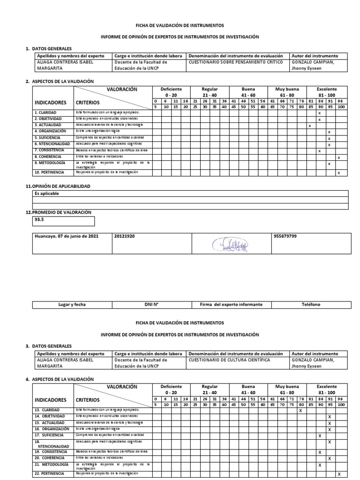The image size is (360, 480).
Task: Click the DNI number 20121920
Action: click(x=124, y=236)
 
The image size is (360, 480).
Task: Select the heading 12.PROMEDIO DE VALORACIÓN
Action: click(x=58, y=212)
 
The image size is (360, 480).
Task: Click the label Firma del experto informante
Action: click(x=231, y=305)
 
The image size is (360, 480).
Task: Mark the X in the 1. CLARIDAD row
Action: click(x=319, y=113)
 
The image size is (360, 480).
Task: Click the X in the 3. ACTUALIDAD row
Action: click(x=309, y=126)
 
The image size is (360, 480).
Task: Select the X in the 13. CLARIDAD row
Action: click(x=300, y=411)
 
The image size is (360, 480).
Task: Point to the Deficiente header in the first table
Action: click(x=171, y=89)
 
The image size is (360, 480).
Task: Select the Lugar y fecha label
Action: click(x=72, y=305)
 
